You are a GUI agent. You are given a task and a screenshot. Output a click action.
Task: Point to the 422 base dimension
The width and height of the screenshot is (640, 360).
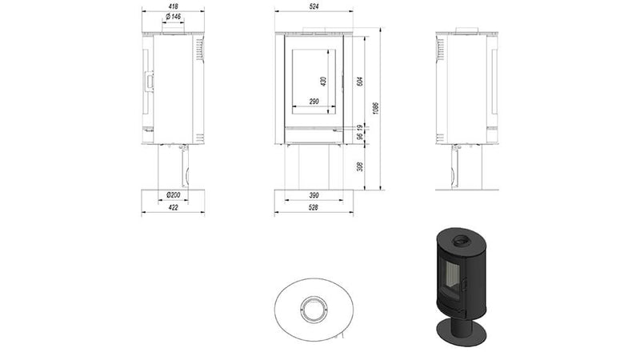point(173,208)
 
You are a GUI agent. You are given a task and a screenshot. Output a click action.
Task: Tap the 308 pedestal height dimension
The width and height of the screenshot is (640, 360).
point(360,167)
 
